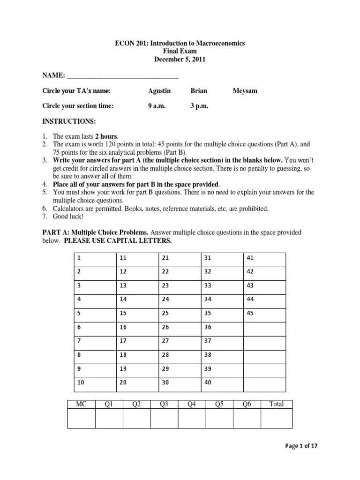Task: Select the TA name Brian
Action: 199,91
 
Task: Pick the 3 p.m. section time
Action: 199,106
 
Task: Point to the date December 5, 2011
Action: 180,60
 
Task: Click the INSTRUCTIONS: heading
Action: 69,121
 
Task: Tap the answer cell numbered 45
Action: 264,313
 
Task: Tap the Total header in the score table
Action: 277,404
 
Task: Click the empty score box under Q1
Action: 109,418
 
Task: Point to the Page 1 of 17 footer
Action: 301,446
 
